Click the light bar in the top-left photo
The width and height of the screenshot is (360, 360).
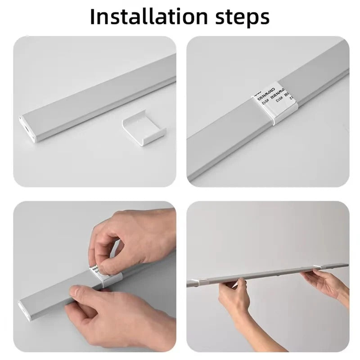click(x=99, y=99)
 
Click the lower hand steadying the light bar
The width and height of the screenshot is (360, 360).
click(x=117, y=315)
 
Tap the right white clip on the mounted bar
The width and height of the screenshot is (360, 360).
click(x=322, y=269)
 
